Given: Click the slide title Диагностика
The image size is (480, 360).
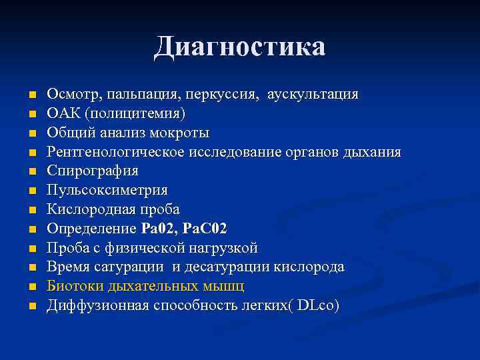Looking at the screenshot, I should tap(240, 47).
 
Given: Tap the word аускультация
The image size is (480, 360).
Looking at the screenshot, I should tap(313, 95).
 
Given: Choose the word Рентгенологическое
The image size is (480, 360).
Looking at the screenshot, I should tap(116, 153).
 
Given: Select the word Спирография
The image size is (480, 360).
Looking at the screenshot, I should tap(93, 171).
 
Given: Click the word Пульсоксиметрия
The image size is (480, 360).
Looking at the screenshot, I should tap(107, 191).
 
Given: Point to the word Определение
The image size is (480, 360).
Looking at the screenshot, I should tap(91, 229).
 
